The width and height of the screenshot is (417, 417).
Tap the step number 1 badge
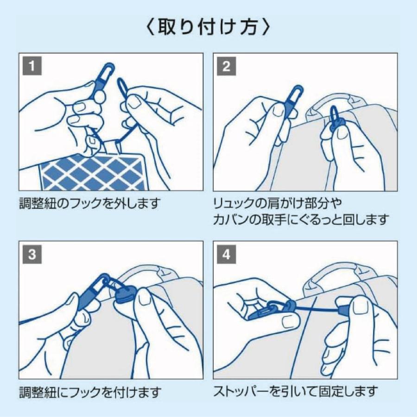coord(31,65)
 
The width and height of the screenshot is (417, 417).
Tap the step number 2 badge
coord(226,65)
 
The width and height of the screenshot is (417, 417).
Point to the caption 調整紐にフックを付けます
coord(90,392)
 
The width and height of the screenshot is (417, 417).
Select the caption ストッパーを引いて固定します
coord(295,392)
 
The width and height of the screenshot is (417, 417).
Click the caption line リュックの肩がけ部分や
coord(277,203)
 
